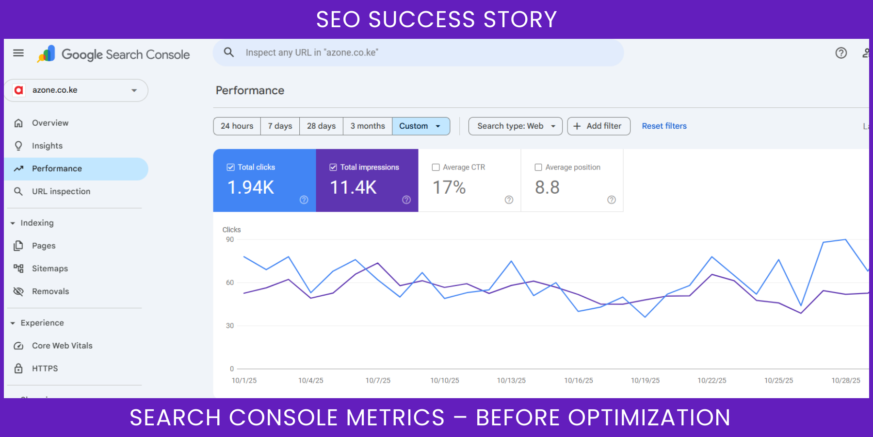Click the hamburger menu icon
pos(18,53)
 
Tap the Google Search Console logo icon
pos(47,54)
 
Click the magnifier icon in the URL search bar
pos(229,52)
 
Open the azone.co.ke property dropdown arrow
pos(134,90)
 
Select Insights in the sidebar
pos(47,146)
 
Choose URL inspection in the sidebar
pos(61,191)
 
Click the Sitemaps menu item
pos(49,269)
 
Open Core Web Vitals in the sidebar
pos(62,346)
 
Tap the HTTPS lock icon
pos(18,369)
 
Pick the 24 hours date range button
pos(237,126)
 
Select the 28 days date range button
pos(321,126)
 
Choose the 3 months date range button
pos(368,126)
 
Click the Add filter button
pos(598,126)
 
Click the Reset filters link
pos(664,126)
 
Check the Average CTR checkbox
pos(436,168)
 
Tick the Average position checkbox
pos(538,168)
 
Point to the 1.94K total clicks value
pos(251,187)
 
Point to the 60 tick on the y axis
pos(230,283)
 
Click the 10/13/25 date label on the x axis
pos(511,381)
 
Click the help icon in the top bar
pos(841,53)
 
